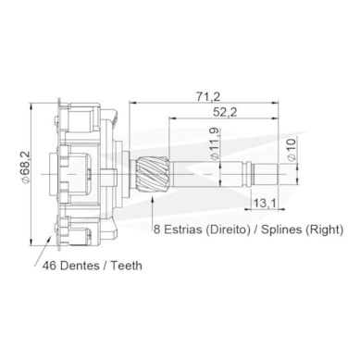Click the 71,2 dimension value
click(208, 97)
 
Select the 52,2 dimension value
click(225, 112)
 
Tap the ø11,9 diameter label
click(215, 143)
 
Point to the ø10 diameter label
click(292, 149)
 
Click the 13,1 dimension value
click(265, 203)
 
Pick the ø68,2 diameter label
click(25, 168)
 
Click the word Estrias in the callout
click(183, 230)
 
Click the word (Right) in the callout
click(324, 230)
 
